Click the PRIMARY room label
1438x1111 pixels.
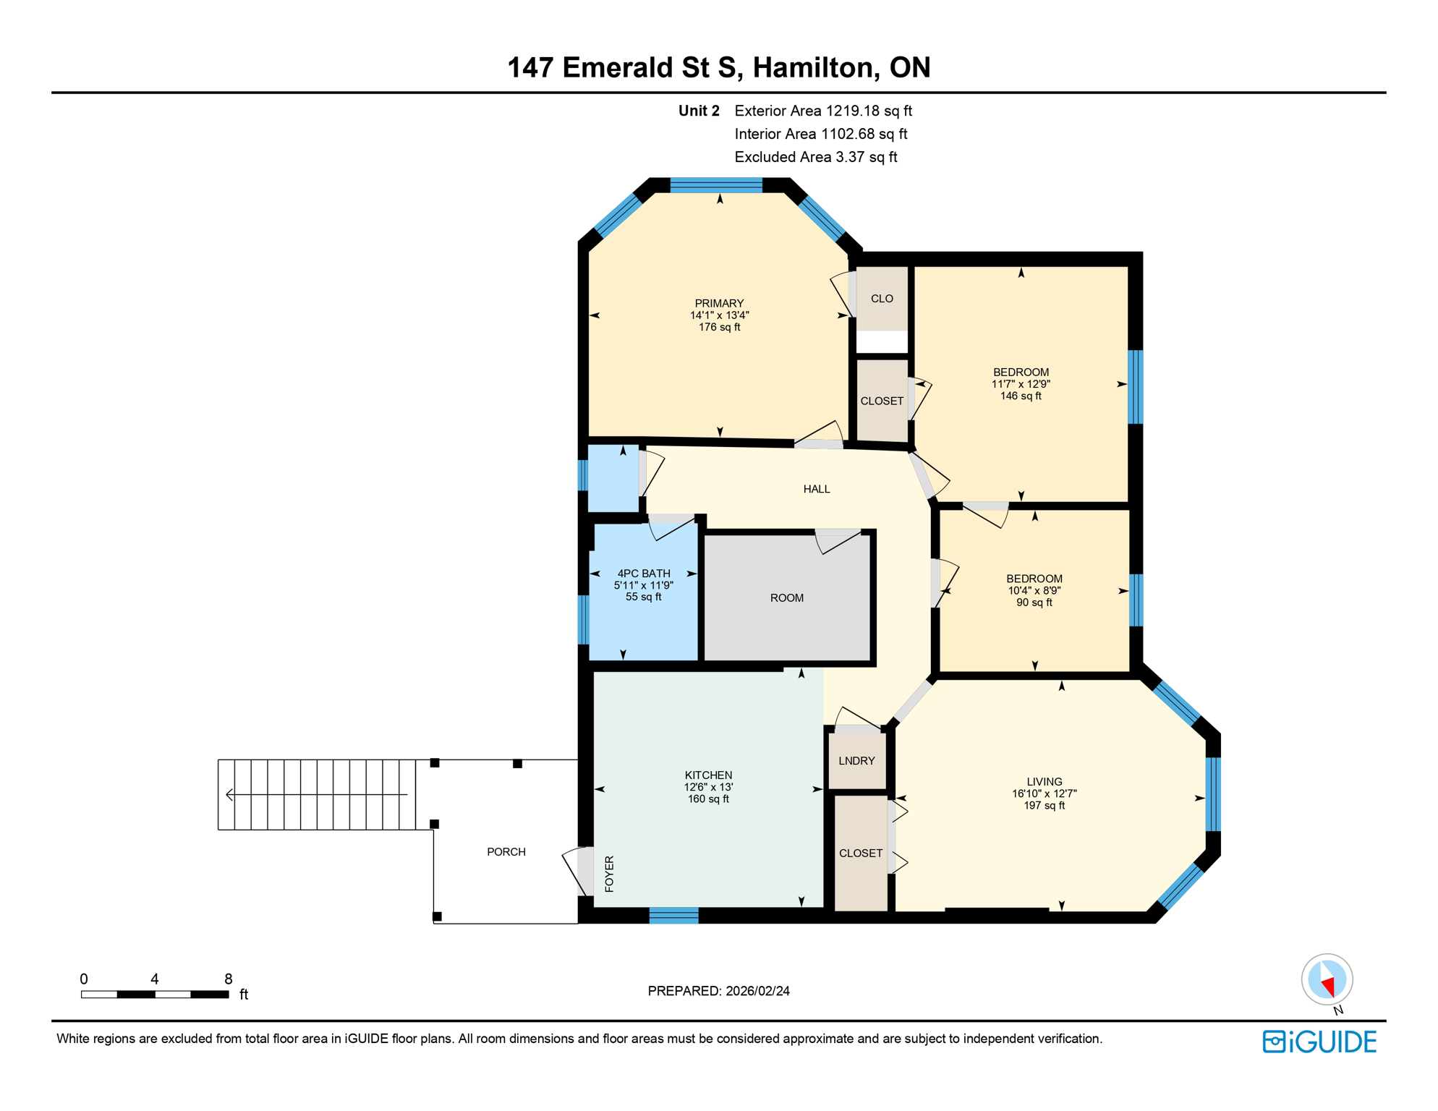[x=719, y=303]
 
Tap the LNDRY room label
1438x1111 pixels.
[x=856, y=761]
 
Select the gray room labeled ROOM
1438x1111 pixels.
[x=787, y=598]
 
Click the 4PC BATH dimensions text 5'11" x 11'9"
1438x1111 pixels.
[x=643, y=585]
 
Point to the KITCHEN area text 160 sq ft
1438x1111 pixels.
[x=708, y=799]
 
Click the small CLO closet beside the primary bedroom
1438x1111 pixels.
[x=882, y=299]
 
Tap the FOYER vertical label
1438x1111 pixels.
[x=609, y=874]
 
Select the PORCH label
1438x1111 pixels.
[x=506, y=852]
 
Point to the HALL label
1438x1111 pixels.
[x=817, y=489]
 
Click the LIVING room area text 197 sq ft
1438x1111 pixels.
[x=1044, y=806]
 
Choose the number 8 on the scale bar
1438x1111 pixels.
[x=228, y=979]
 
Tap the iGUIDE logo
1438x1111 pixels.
[x=1319, y=1042]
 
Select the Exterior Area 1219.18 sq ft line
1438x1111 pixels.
[x=822, y=111]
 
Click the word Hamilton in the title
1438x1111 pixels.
[x=815, y=67]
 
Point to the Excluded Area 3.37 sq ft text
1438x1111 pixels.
[x=815, y=157]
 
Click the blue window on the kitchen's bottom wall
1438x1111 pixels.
[x=673, y=916]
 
